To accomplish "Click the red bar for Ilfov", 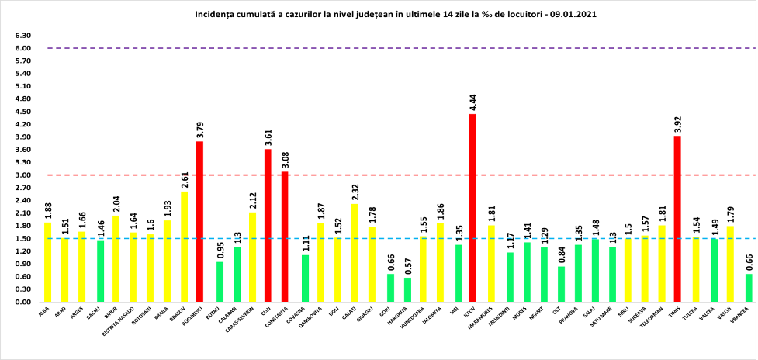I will click(x=472, y=208).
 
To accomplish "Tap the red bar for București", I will click(x=199, y=221).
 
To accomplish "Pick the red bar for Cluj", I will click(x=268, y=225).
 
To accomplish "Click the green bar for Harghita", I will click(x=408, y=289).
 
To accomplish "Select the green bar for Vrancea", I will click(x=749, y=288).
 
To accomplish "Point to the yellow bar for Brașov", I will click(x=183, y=246).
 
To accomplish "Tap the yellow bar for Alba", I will click(x=47, y=262).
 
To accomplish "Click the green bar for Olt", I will click(x=562, y=284).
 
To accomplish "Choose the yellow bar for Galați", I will click(x=354, y=253).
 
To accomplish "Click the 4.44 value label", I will click(x=472, y=102).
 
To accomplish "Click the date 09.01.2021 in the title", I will click(x=570, y=14).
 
